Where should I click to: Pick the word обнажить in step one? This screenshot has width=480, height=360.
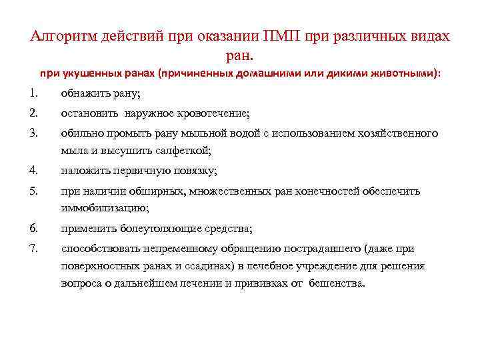(83, 93)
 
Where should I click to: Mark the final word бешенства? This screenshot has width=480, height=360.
(337, 283)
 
